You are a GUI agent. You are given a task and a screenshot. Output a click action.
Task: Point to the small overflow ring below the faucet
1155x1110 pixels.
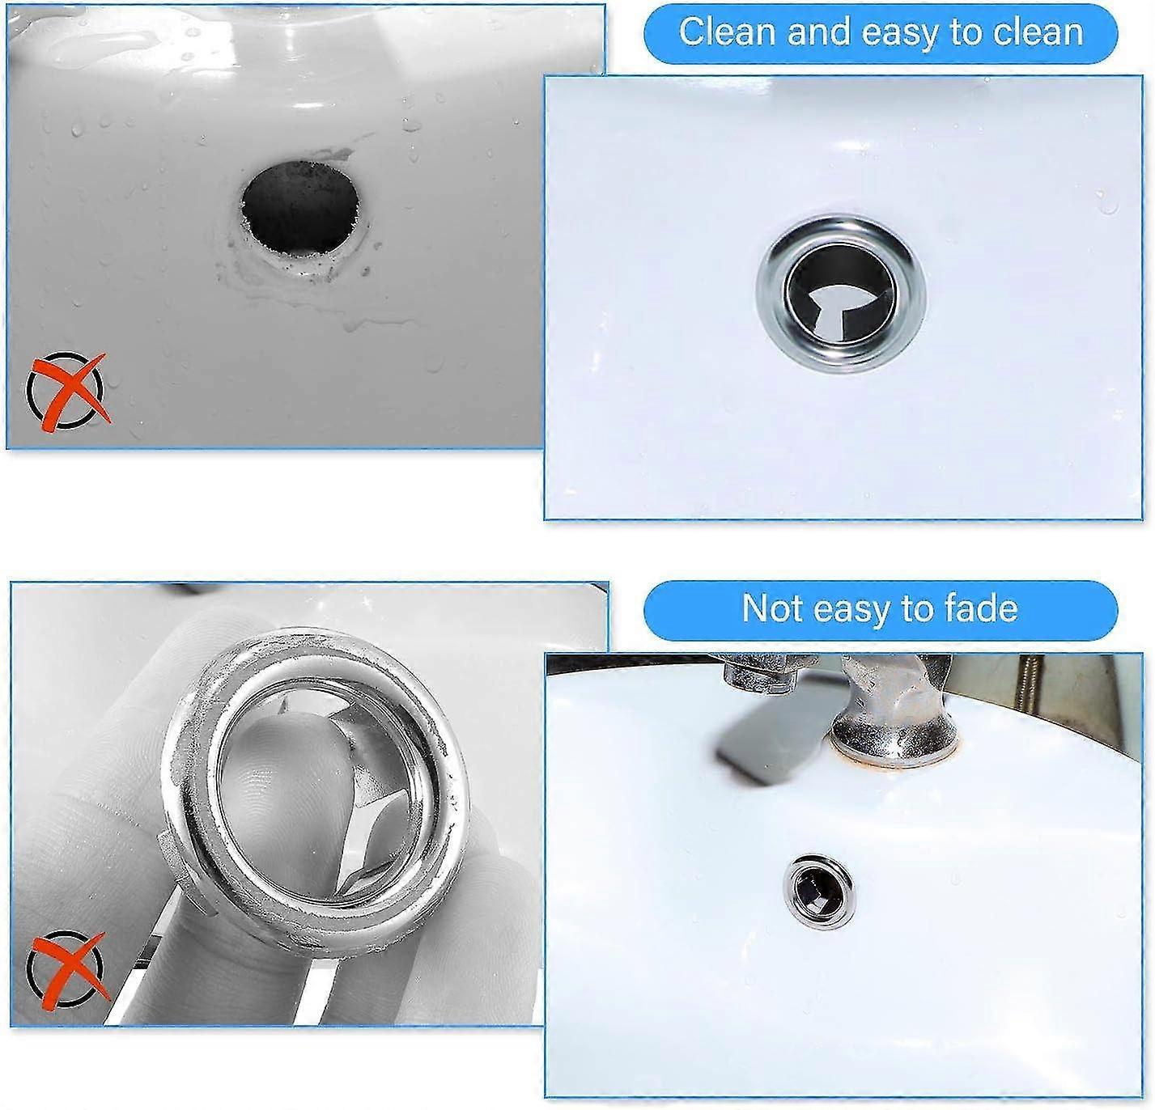[x=817, y=882]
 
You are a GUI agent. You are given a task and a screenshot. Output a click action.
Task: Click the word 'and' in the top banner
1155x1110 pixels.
[x=818, y=32]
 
